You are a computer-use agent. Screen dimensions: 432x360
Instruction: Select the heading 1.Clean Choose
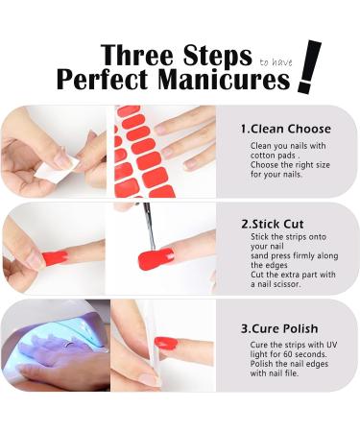tap(285, 129)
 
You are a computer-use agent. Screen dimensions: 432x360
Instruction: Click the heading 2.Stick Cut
tap(272, 223)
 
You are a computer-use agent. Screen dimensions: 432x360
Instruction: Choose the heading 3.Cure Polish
tap(278, 327)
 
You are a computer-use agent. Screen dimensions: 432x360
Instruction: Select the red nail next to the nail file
tap(169, 342)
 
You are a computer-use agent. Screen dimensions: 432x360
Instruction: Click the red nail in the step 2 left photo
tap(55, 258)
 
